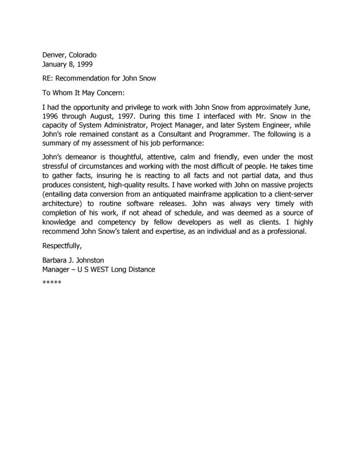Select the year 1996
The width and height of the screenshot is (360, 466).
point(51,116)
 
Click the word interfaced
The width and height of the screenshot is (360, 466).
point(210,116)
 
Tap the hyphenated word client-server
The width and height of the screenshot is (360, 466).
point(289,194)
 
